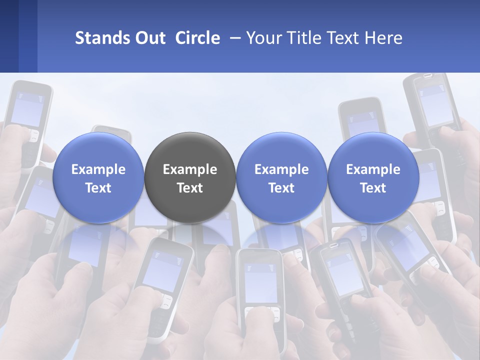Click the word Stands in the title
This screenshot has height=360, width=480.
[98, 38]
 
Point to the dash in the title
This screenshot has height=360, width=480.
[233, 38]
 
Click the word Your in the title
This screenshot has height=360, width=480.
[262, 38]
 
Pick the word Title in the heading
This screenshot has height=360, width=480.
[302, 38]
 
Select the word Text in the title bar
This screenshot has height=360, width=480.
[342, 38]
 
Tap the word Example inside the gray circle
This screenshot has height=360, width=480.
[190, 169]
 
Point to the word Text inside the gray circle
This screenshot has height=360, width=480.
[190, 188]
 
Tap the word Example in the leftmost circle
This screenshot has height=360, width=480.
[98, 169]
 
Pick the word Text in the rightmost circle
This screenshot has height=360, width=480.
[373, 188]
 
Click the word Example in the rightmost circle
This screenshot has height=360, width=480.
[373, 169]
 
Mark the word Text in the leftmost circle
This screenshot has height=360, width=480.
[98, 188]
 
